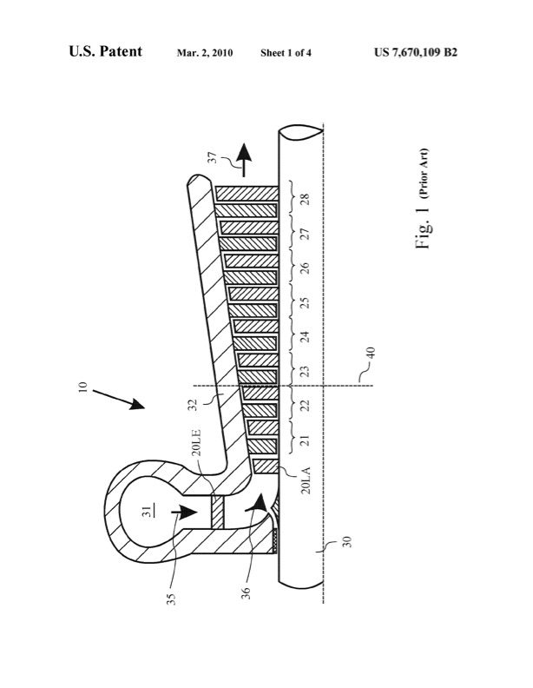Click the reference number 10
pos(82,387)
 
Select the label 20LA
pos(306,480)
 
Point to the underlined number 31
pos(148,511)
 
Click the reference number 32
pos(195,404)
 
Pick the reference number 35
pos(171,599)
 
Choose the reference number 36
pos(246,592)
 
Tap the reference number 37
pos(212,157)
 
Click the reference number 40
pos(371,353)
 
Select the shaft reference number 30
pos(346,541)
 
